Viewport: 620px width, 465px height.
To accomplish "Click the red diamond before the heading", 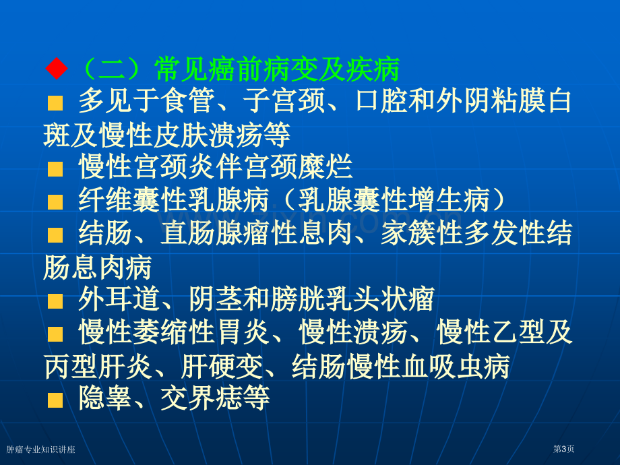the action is click(57, 69).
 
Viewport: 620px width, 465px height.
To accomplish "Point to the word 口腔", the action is click(381, 101).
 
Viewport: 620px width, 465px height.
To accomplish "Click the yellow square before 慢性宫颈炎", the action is click(55, 169).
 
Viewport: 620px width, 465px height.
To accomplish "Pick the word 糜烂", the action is click(325, 167).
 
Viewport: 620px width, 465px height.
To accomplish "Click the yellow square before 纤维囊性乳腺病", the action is click(55, 202).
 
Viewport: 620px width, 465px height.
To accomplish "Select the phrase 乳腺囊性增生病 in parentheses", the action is click(395, 199).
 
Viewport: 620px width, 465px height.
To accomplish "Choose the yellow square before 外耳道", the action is click(55, 301).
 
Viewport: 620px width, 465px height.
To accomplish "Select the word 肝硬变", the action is click(222, 367).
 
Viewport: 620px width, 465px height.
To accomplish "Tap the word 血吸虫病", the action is click(456, 367).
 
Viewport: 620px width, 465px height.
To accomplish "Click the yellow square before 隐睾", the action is click(55, 400).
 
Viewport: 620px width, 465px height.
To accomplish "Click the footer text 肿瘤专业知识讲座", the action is click(40, 449).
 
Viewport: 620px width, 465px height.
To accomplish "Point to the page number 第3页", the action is click(563, 449).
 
